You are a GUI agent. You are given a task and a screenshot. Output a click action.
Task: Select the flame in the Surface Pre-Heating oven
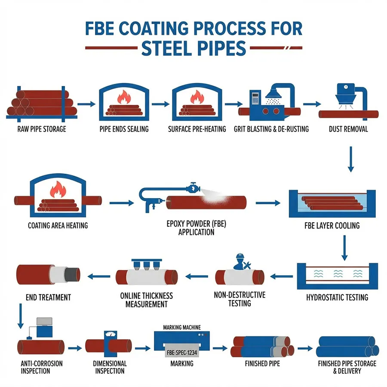[197, 97]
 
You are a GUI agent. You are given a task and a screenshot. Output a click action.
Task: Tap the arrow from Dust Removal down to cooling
[350, 159]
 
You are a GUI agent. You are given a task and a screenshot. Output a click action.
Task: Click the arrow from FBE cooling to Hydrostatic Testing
[344, 248]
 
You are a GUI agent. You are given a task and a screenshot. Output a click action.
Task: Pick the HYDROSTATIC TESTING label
[337, 298]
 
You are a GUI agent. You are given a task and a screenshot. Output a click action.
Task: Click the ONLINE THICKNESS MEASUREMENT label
[146, 300]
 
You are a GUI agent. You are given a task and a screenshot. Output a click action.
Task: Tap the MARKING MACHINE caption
[182, 328]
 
